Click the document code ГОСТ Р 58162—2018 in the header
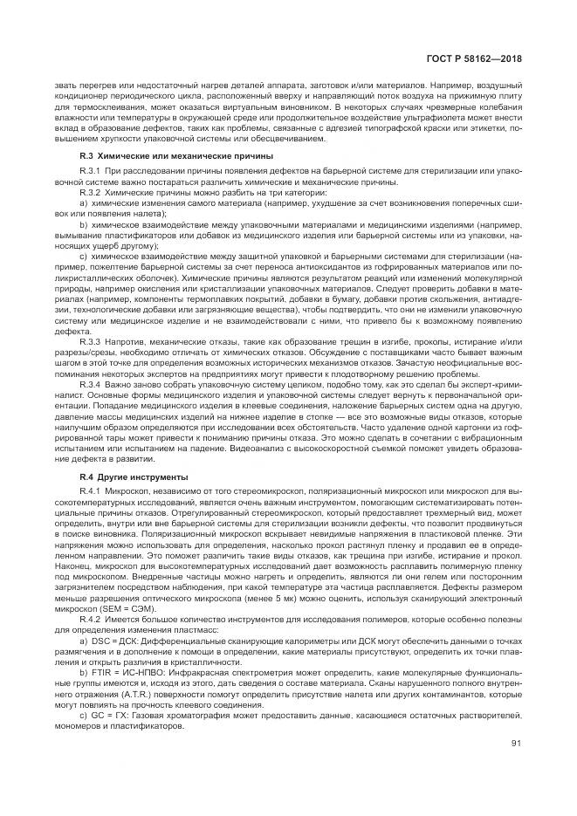tap(492, 58)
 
